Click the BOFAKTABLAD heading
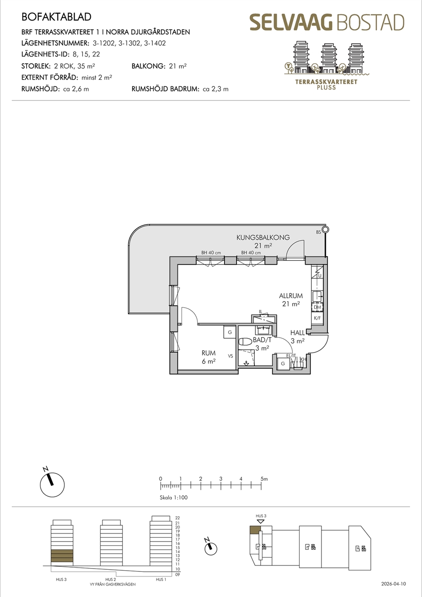coord(56,17)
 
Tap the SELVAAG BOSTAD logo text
coord(327,23)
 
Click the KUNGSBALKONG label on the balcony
coord(263,237)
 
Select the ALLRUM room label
coord(291,296)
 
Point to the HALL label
coord(297,333)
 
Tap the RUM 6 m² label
coord(208,357)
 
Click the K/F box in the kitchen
coord(317,318)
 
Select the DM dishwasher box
coord(317,307)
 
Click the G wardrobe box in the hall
coord(283,363)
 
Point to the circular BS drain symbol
coord(325,229)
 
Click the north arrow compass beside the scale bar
coord(52,485)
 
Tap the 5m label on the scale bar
coord(264,479)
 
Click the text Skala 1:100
coord(174,497)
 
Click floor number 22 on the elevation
coord(178,518)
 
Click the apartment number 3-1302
coord(129,43)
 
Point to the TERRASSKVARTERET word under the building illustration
coord(326,82)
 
